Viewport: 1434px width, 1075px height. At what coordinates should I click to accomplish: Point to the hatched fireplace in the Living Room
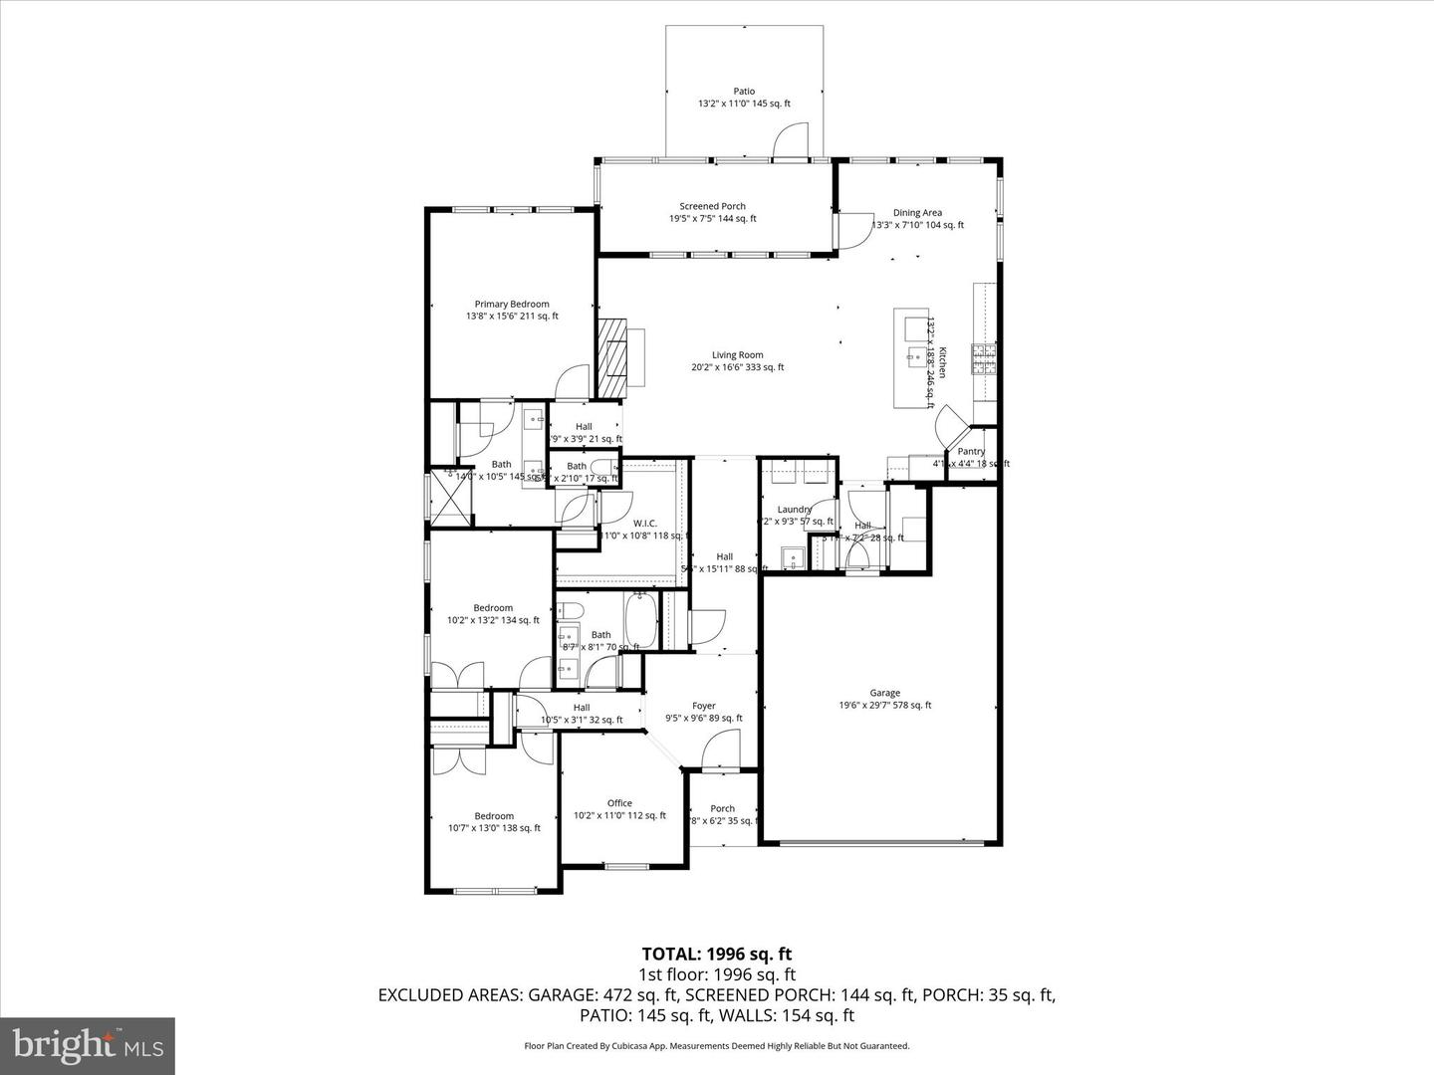click(612, 355)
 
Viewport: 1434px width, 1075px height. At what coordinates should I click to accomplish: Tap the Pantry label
click(970, 452)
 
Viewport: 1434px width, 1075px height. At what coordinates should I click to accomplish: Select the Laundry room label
click(794, 510)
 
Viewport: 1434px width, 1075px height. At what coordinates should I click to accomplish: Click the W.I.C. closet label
click(644, 524)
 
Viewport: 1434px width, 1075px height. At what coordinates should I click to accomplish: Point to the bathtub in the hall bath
click(640, 620)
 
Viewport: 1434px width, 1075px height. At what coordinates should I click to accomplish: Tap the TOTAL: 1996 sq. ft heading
click(716, 955)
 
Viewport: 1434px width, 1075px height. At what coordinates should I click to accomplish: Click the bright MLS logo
click(88, 1044)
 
